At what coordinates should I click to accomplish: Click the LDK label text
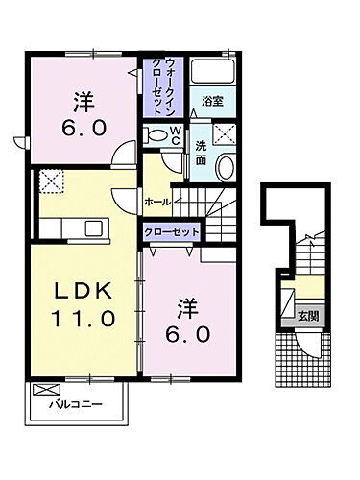click(x=82, y=292)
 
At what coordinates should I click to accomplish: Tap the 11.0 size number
click(x=82, y=316)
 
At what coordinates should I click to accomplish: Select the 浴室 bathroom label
click(x=212, y=99)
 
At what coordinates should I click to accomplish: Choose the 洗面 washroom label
click(x=201, y=152)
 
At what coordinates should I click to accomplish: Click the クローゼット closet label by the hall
click(x=172, y=231)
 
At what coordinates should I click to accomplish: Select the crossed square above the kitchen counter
click(x=50, y=180)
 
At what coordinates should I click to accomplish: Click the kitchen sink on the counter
click(x=93, y=227)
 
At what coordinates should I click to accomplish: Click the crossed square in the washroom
click(x=225, y=134)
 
